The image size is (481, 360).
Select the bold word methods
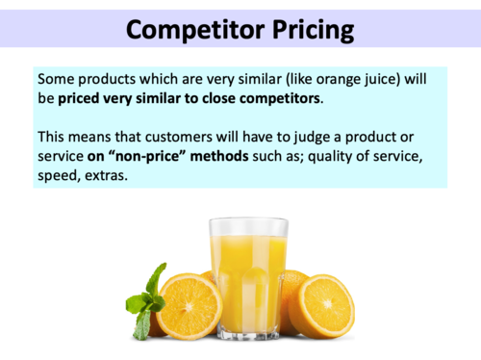coord(179,158)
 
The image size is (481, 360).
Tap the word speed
coord(58,178)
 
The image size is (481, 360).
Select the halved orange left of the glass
coord(189,305)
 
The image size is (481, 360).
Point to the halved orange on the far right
coord(321,305)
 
